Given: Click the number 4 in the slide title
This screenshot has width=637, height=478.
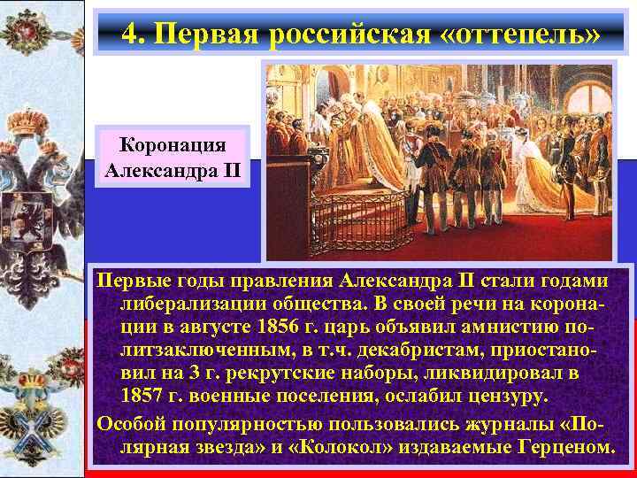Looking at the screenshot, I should click(x=130, y=33).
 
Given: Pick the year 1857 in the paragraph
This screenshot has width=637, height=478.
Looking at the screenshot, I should click(x=146, y=391).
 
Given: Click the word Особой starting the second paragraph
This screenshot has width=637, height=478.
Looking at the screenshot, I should click(x=131, y=418).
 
